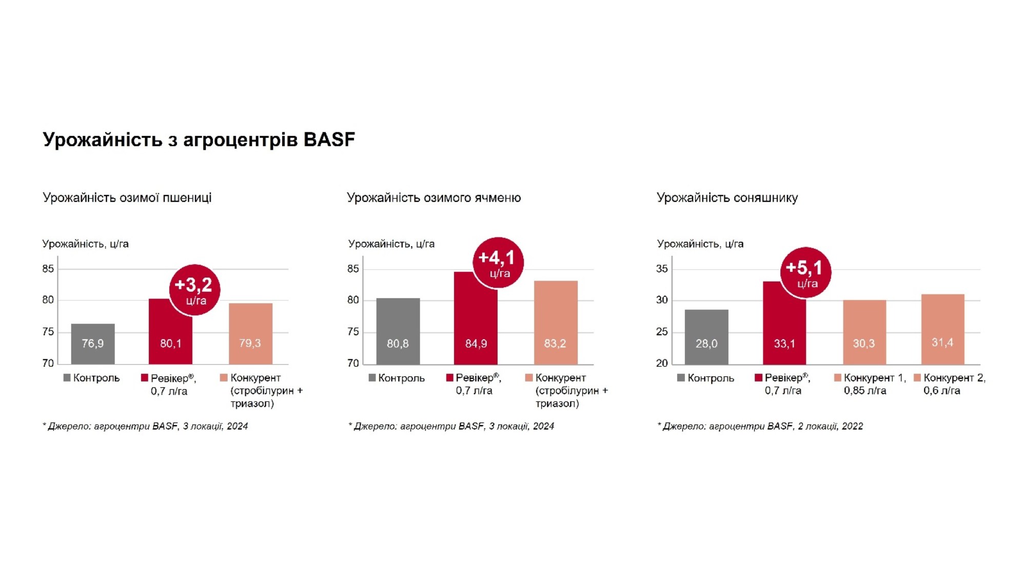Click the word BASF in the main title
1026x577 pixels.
click(329, 140)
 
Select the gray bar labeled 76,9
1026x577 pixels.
click(93, 343)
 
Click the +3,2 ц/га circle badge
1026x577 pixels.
click(194, 290)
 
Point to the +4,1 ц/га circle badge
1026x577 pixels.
click(498, 263)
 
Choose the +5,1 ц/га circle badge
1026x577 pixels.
click(805, 272)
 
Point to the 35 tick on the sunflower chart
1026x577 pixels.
click(662, 269)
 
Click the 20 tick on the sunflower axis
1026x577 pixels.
click(662, 363)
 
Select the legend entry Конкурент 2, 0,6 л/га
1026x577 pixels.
click(950, 384)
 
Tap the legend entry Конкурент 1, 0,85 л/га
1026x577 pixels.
click(871, 384)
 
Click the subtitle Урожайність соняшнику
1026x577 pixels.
click(727, 198)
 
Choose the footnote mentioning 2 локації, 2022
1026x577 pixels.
click(760, 426)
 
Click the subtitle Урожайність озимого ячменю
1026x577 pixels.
click(433, 198)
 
